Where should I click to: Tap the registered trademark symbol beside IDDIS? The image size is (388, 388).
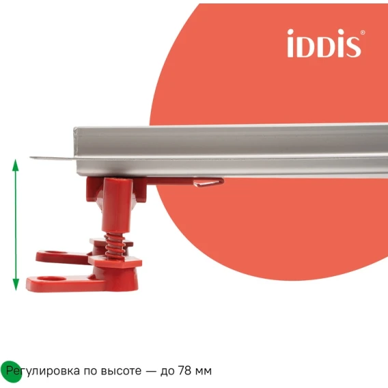[x=363, y=32]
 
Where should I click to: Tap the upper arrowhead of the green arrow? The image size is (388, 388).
[x=16, y=165]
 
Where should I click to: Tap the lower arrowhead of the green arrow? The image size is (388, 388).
[x=16, y=284]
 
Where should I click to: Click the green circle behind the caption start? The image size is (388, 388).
[x=11, y=372]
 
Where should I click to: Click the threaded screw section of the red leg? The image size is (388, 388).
[x=115, y=246]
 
